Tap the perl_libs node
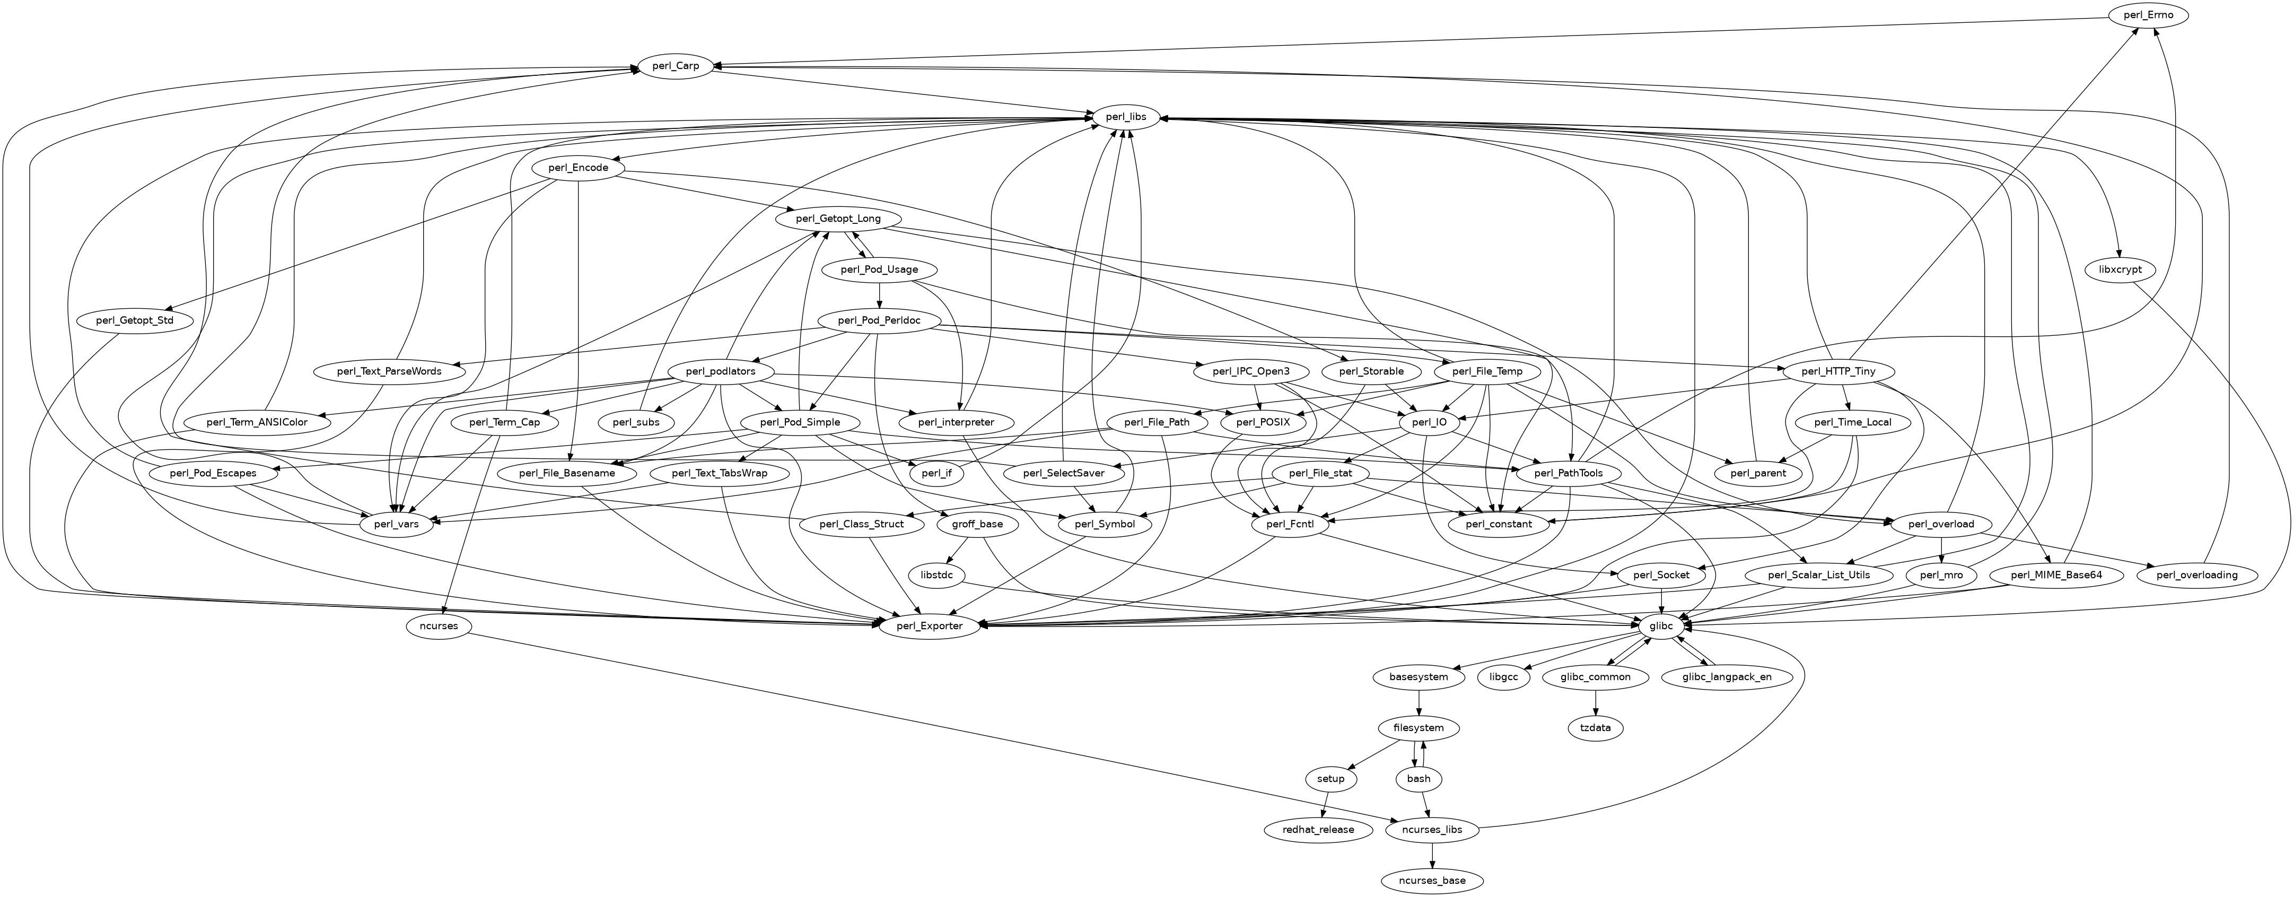point(1119,117)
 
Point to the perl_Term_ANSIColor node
point(257,422)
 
